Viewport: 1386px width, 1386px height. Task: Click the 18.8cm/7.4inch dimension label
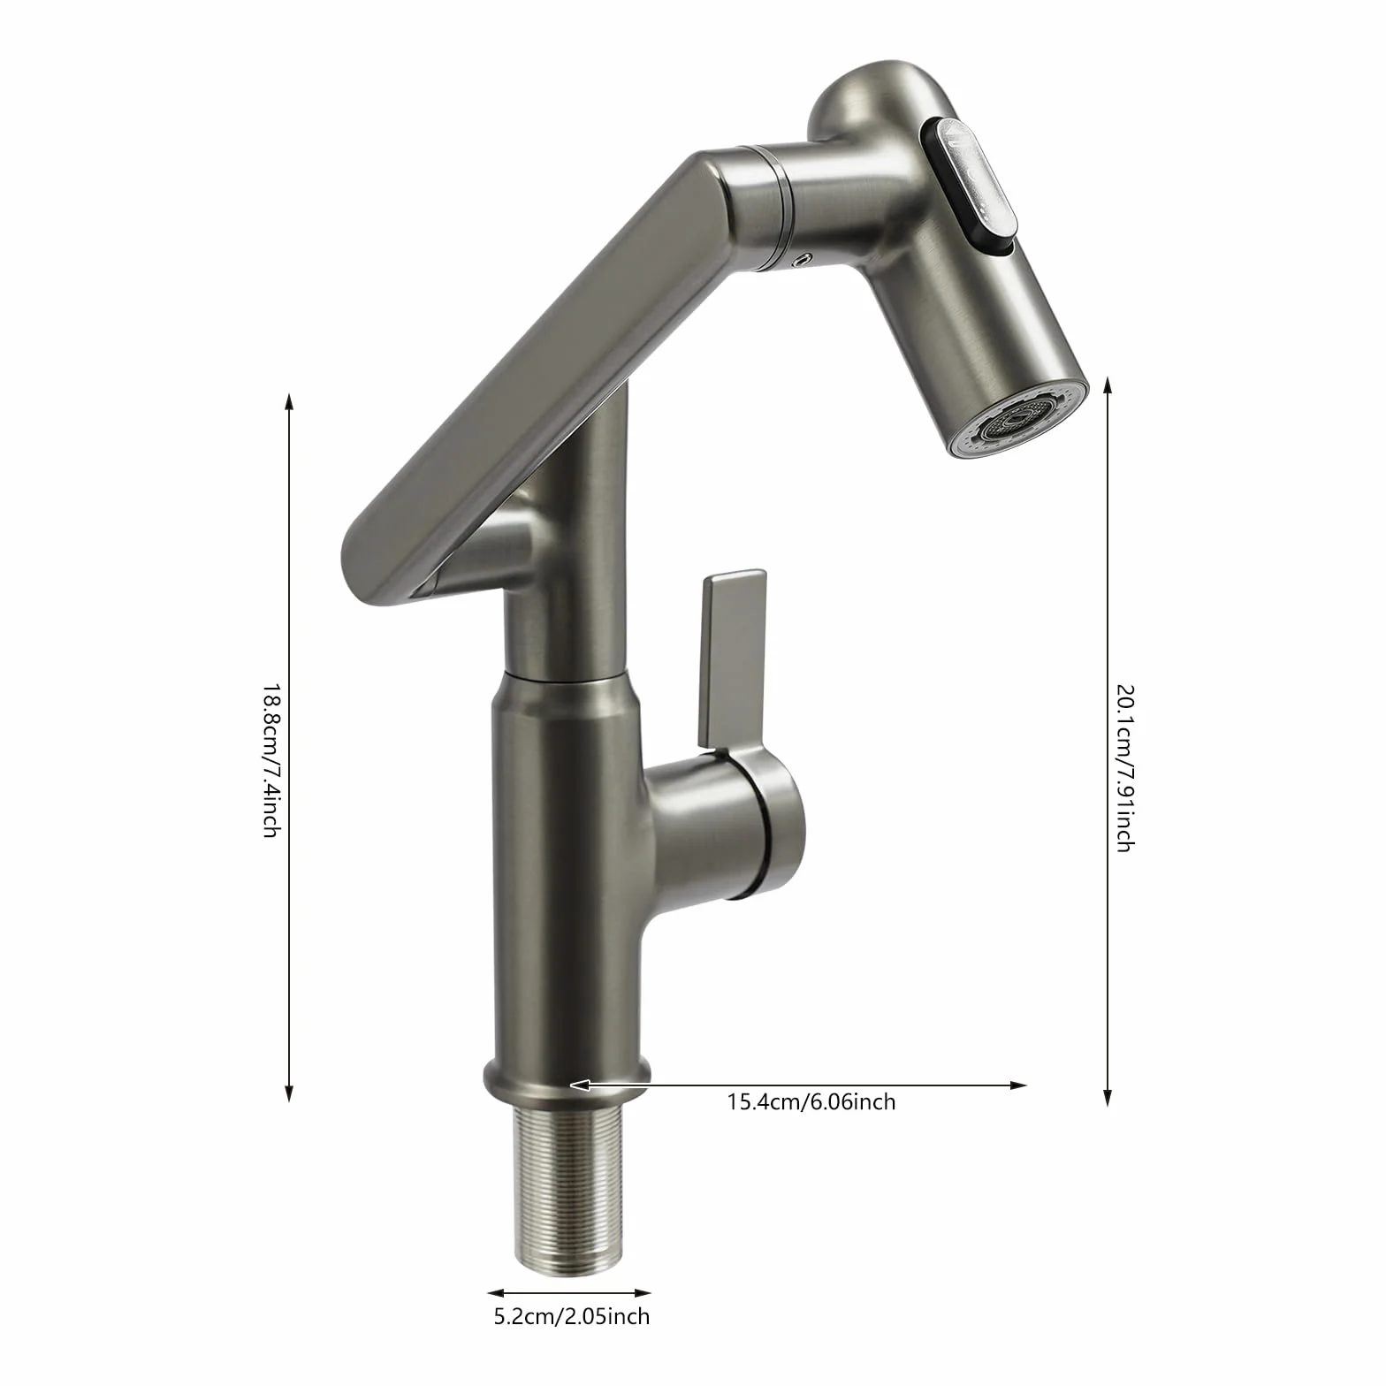pyautogui.click(x=270, y=760)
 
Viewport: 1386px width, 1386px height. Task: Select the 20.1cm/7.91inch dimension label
pyautogui.click(x=1123, y=766)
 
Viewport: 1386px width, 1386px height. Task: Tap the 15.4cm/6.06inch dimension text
pyautogui.click(x=811, y=1102)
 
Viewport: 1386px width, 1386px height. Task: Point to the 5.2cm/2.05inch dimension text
pyautogui.click(x=571, y=1317)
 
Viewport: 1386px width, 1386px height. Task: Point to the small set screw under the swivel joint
pyautogui.click(x=803, y=259)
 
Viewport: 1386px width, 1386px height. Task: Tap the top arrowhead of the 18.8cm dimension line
pyautogui.click(x=288, y=400)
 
